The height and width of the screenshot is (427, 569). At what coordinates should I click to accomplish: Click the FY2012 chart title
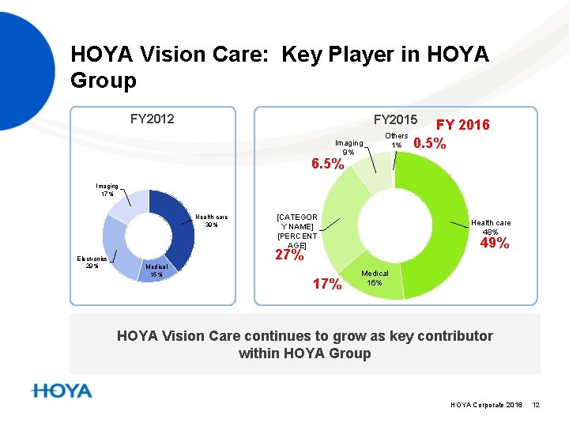pyautogui.click(x=152, y=119)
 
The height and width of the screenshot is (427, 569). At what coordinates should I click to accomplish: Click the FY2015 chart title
pyautogui.click(x=395, y=119)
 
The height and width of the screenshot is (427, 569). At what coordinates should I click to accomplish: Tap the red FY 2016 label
pyautogui.click(x=463, y=125)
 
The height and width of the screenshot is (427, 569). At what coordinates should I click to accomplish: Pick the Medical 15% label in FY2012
pyautogui.click(x=156, y=271)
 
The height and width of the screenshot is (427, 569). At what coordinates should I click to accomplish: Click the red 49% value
pyautogui.click(x=495, y=244)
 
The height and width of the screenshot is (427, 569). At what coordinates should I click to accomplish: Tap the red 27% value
pyautogui.click(x=288, y=255)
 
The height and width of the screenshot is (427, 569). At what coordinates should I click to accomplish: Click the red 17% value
pyautogui.click(x=327, y=284)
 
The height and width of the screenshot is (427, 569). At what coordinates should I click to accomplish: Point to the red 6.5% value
pyautogui.click(x=326, y=164)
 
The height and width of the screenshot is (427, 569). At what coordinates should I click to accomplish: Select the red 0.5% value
pyautogui.click(x=430, y=144)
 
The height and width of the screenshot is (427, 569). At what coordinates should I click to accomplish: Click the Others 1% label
pyautogui.click(x=396, y=141)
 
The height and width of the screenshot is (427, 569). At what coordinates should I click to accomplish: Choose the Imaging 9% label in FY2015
pyautogui.click(x=349, y=147)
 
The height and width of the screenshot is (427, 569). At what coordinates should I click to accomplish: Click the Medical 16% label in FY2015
pyautogui.click(x=375, y=278)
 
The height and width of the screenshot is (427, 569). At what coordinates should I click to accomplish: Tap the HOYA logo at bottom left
pyautogui.click(x=62, y=391)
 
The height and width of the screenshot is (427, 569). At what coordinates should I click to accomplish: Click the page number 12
pyautogui.click(x=535, y=405)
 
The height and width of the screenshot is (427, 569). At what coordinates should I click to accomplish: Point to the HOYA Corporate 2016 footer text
pyautogui.click(x=486, y=405)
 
